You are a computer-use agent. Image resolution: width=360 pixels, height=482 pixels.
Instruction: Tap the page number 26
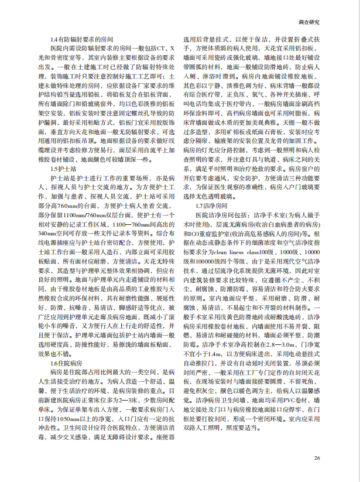coord(316,458)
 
